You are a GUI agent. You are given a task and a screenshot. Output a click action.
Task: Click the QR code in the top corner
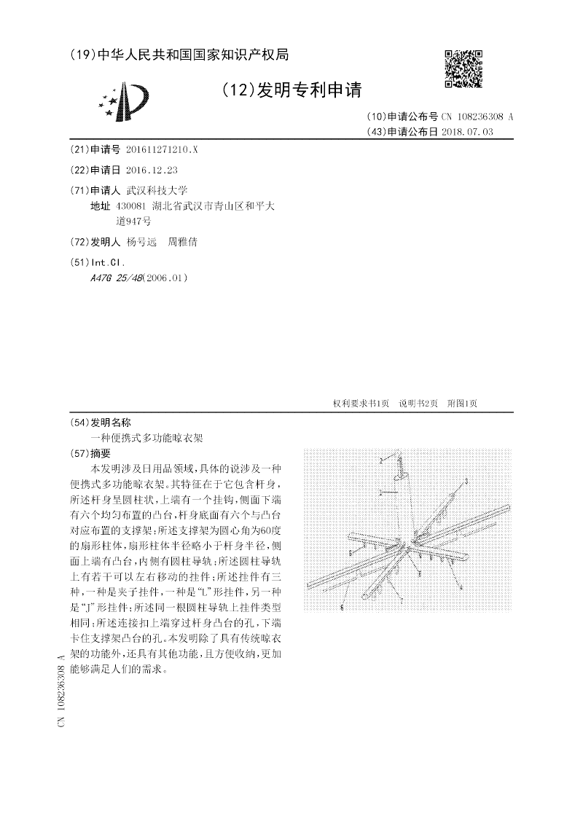463,68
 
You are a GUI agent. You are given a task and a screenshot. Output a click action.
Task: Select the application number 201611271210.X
161,149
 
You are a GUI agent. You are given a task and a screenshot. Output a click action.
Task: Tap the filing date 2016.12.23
152,170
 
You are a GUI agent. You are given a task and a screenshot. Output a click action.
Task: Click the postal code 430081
131,206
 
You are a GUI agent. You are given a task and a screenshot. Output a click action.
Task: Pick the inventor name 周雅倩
183,242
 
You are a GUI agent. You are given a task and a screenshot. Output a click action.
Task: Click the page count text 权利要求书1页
361,403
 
